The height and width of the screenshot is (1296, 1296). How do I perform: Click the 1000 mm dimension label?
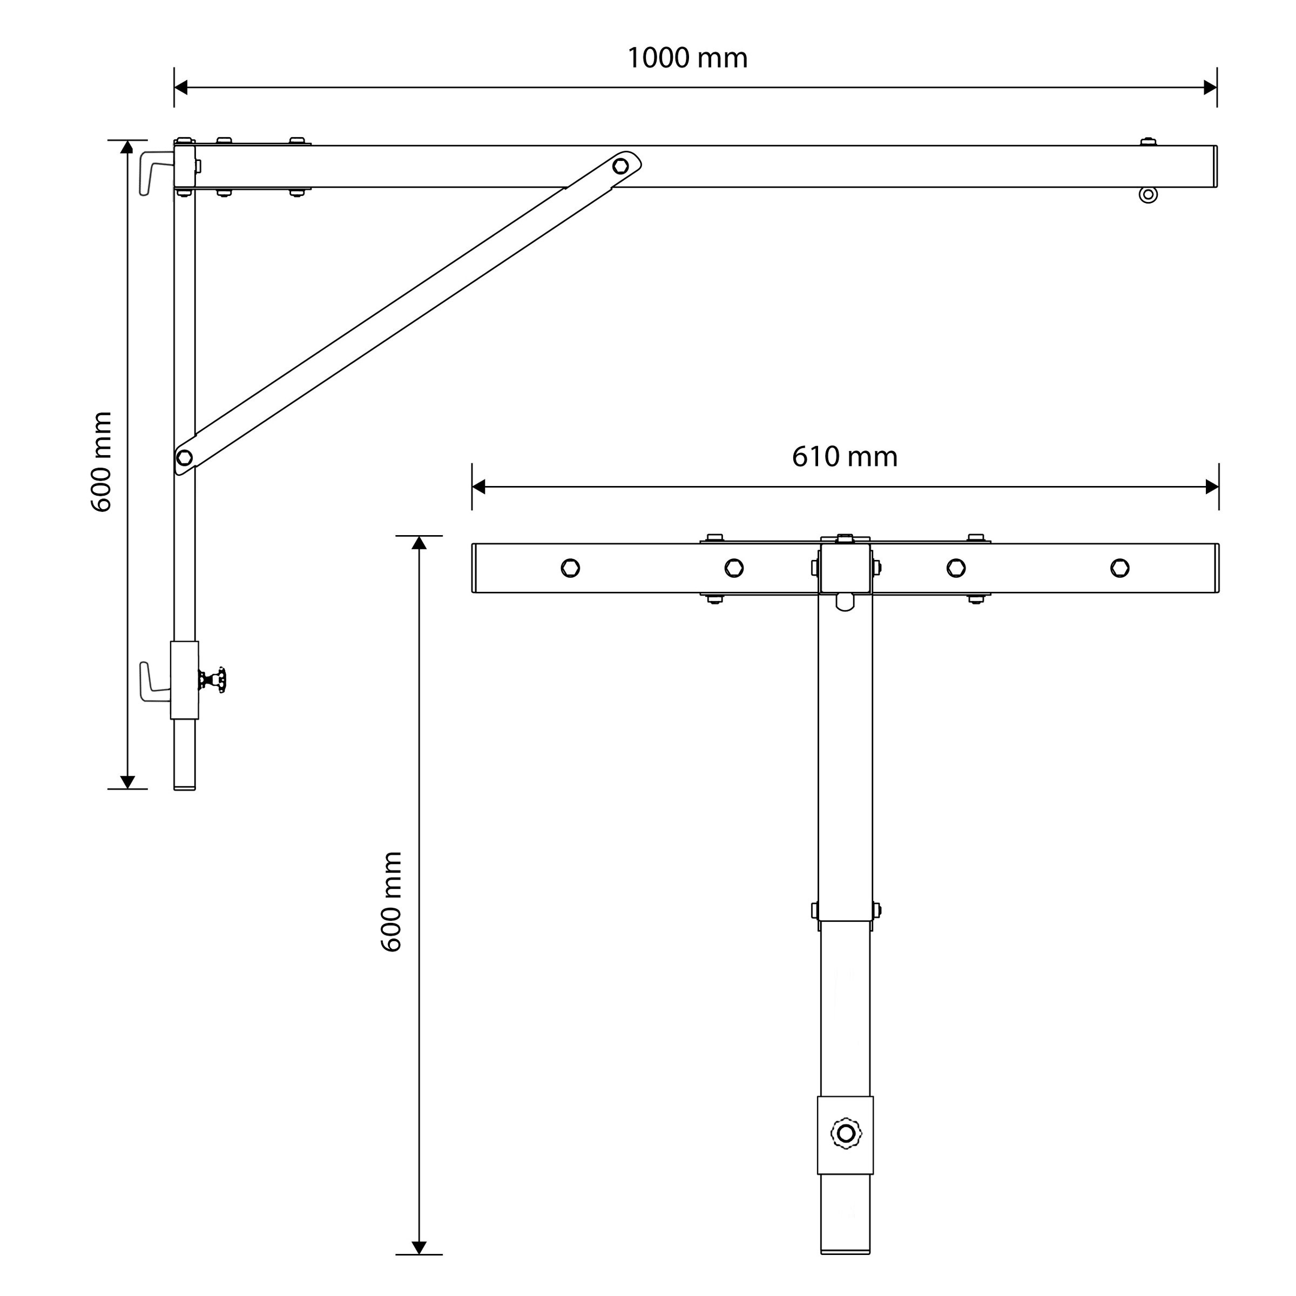point(687,58)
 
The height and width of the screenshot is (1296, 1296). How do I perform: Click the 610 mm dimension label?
point(844,457)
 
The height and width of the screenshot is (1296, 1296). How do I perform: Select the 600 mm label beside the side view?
point(102,462)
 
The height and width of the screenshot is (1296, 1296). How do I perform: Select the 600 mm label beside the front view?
point(391,902)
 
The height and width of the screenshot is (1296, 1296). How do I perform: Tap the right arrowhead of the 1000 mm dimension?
point(1210,87)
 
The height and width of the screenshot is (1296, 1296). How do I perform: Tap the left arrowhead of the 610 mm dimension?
point(479,487)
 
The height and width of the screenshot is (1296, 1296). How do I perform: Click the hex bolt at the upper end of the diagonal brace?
point(620,166)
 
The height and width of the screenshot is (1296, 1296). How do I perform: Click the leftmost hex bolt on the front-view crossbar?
point(570,568)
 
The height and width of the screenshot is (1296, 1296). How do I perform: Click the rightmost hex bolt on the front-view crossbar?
point(1119,568)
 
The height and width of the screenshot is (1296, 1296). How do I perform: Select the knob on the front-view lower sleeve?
point(846,1133)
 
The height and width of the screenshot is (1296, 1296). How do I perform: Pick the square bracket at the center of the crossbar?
point(845,569)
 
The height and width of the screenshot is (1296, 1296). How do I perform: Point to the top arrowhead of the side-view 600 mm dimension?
point(127,147)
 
